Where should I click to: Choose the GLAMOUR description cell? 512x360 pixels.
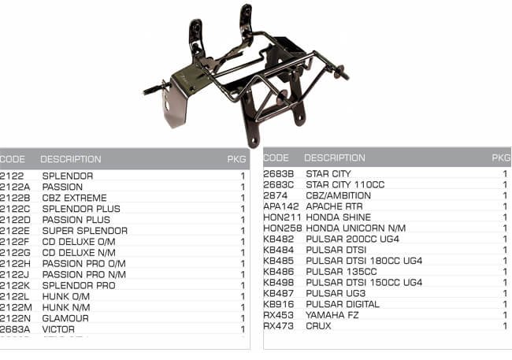coord(65,318)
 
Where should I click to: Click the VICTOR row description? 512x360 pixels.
coord(58,329)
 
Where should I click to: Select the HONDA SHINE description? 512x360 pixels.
coord(338,217)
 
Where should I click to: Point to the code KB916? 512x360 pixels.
coord(278,304)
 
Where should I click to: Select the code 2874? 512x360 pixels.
coord(275,195)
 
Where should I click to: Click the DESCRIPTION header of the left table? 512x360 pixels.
coord(71,159)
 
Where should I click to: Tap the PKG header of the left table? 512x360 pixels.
coord(236,159)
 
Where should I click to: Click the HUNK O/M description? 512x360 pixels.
coord(66,296)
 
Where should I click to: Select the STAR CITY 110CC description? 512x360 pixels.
coord(343,184)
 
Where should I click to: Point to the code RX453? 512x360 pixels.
coord(278,315)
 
